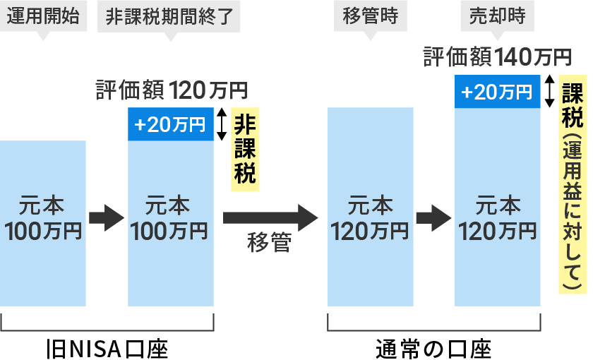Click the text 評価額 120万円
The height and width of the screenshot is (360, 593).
click(172, 90)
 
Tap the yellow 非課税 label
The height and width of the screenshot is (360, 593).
click(244, 150)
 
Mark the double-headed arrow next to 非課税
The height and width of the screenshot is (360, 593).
click(222, 124)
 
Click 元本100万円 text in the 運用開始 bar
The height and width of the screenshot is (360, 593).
click(43, 218)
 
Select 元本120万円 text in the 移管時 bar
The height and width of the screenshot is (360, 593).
click(370, 218)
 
